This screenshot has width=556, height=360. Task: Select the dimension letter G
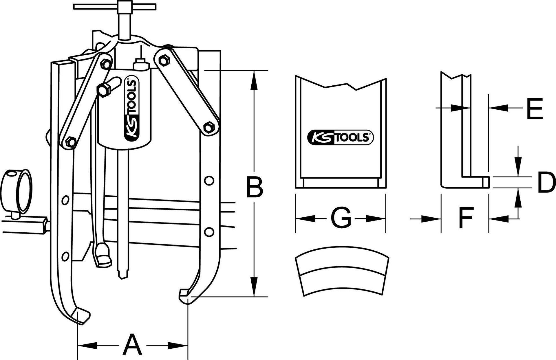coord(341,218)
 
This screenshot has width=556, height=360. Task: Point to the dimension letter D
coord(546,183)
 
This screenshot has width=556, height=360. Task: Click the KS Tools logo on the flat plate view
coord(341,137)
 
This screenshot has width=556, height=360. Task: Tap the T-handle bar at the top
coord(115,6)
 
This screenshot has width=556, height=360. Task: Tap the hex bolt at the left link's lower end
coord(70,142)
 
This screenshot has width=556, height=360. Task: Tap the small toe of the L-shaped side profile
coord(486,182)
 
